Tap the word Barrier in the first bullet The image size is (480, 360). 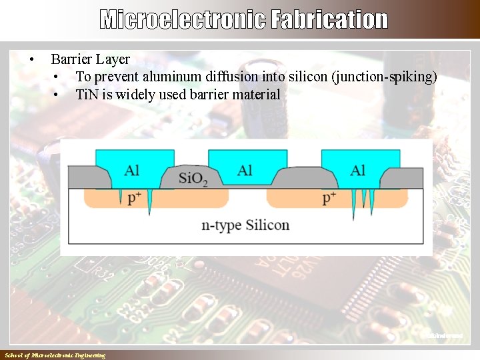pos(71,59)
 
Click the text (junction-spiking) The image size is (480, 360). pos(383,77)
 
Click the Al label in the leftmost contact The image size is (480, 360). pos(132,171)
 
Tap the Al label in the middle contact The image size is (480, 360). pos(245,171)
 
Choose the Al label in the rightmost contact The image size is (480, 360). pos(358,171)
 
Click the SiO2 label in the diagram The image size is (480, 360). pos(193,179)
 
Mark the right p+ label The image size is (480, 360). pos(329,198)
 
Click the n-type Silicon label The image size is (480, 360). pos(245,225)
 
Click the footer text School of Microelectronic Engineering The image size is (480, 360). pos(55,355)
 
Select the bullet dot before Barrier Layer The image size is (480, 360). pos(31,60)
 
